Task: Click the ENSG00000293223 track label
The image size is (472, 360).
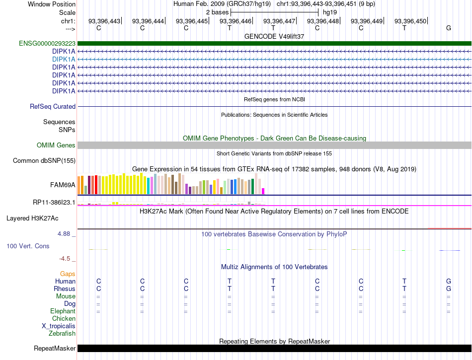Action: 47,43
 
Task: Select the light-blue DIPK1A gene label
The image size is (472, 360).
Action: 64,59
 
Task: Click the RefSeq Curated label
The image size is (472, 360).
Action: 53,106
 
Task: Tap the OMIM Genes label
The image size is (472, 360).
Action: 56,145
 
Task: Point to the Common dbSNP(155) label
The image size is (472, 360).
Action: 44,160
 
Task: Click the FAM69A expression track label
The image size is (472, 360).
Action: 63,185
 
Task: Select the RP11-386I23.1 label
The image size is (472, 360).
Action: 54,203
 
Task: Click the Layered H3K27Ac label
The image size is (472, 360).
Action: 32,218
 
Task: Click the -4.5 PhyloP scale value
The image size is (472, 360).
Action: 65,259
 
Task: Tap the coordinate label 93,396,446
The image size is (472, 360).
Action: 236,21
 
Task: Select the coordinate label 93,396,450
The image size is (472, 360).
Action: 410,21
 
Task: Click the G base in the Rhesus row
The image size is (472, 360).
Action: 449,288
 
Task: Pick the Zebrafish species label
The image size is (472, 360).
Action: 62,334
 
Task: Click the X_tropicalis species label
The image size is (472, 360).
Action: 59,326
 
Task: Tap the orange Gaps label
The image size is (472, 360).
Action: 68,274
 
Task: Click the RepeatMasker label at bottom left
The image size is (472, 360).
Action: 55,348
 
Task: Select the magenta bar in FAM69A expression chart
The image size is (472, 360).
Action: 263,191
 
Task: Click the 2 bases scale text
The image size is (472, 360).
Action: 217,12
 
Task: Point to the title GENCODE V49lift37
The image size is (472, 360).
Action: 274,36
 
